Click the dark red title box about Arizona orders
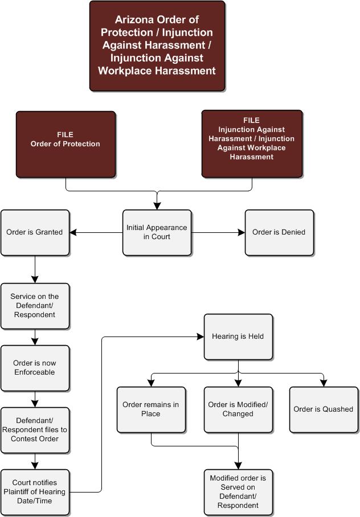(x=157, y=46)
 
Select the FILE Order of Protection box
(x=66, y=144)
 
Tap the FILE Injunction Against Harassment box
(x=252, y=144)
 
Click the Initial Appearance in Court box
(x=157, y=232)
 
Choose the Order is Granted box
(x=35, y=232)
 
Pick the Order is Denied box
(x=279, y=232)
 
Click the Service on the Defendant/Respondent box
(x=35, y=306)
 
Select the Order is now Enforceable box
(x=35, y=368)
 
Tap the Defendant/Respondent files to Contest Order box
(x=35, y=430)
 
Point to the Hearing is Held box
(x=238, y=337)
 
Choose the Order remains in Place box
(x=151, y=409)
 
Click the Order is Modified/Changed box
(x=238, y=409)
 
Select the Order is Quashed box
(x=324, y=409)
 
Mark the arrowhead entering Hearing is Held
(x=201, y=337)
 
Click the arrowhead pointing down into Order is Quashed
(x=324, y=383)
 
